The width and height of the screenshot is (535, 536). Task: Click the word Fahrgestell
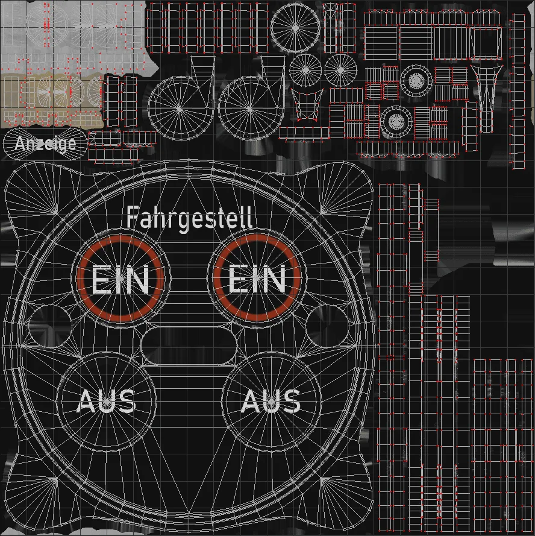190,218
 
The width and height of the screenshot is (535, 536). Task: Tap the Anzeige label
46,144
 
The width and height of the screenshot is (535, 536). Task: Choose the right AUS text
271,401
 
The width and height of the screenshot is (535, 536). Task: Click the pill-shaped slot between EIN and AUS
189,346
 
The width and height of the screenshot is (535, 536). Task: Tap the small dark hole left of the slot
50,326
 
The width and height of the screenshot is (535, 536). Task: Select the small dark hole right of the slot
327,326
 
